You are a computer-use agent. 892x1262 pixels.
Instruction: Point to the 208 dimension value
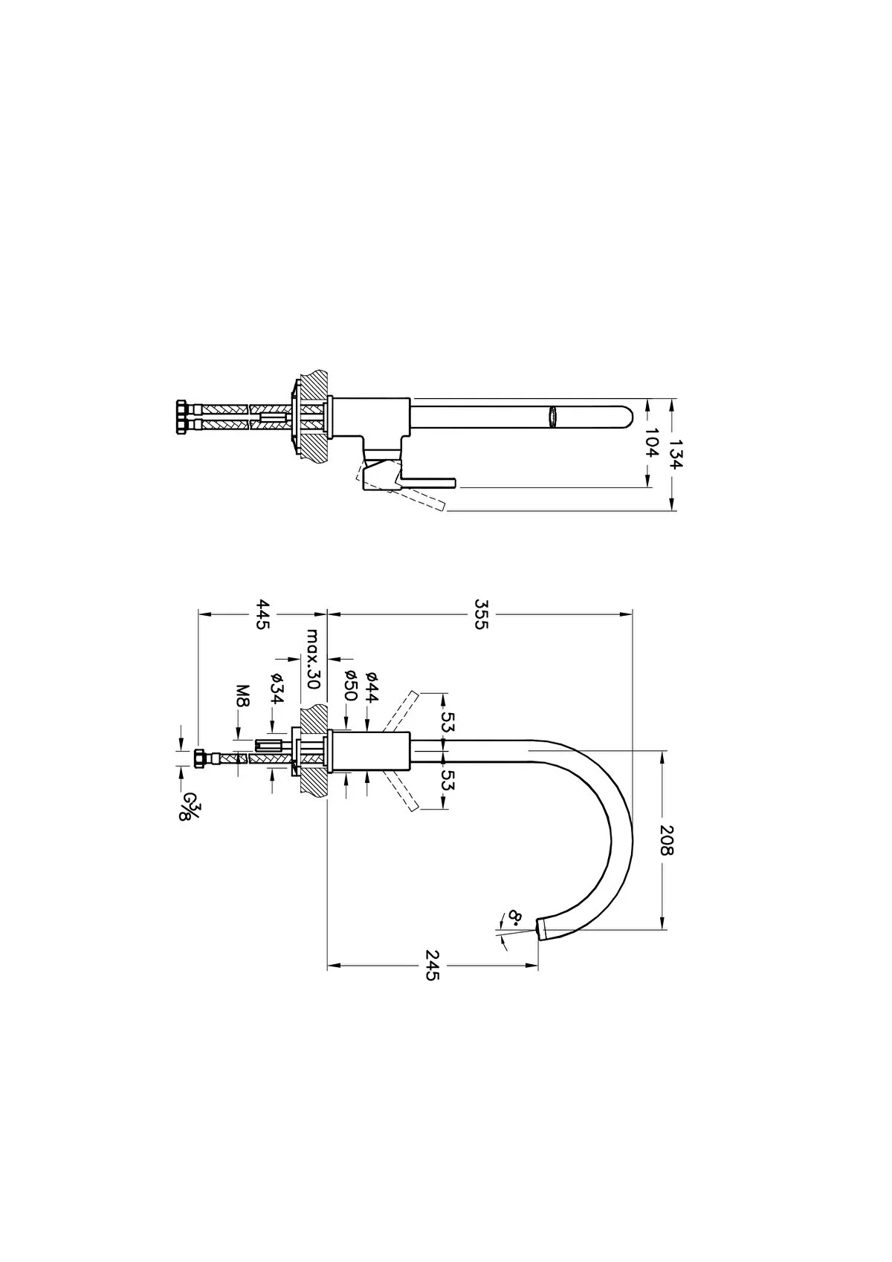click(x=666, y=839)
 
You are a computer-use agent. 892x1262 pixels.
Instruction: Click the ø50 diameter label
click(x=351, y=686)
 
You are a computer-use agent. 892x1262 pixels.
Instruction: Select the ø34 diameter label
click(x=277, y=689)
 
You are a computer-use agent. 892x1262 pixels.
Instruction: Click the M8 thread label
click(x=242, y=695)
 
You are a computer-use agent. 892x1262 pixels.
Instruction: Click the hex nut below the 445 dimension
click(x=200, y=758)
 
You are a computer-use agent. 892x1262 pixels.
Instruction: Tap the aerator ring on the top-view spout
click(x=552, y=417)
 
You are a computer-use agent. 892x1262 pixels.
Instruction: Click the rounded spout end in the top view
click(x=626, y=417)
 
